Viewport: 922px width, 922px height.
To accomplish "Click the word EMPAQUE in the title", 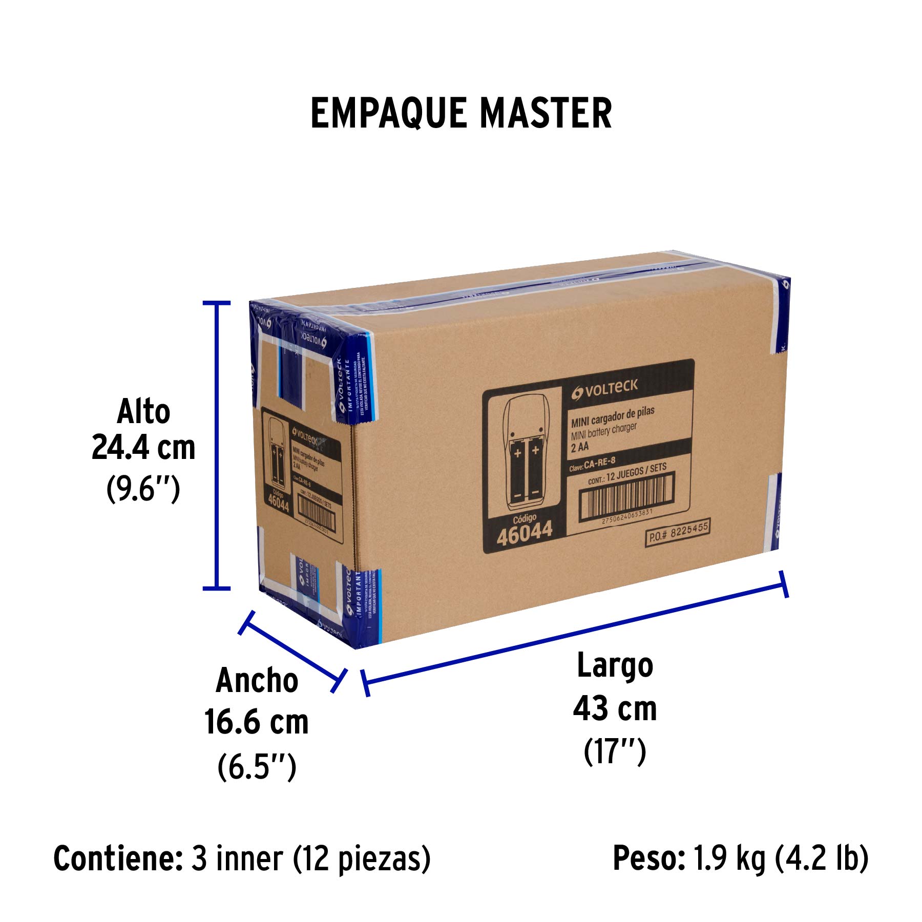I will tap(388, 113).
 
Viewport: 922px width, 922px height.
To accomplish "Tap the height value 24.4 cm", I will tap(143, 448).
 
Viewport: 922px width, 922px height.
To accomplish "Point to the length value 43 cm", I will tap(615, 709).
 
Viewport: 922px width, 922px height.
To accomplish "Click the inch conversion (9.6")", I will tap(143, 489).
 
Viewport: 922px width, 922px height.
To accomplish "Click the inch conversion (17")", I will tap(615, 752).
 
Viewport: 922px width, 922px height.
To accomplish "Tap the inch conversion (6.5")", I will tap(257, 767).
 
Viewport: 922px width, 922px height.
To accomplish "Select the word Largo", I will tap(615, 666).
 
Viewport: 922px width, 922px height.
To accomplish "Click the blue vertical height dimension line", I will tap(217, 446).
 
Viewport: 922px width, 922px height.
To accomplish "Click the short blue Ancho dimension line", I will tap(292, 652).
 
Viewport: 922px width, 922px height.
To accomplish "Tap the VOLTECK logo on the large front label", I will tap(605, 389).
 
